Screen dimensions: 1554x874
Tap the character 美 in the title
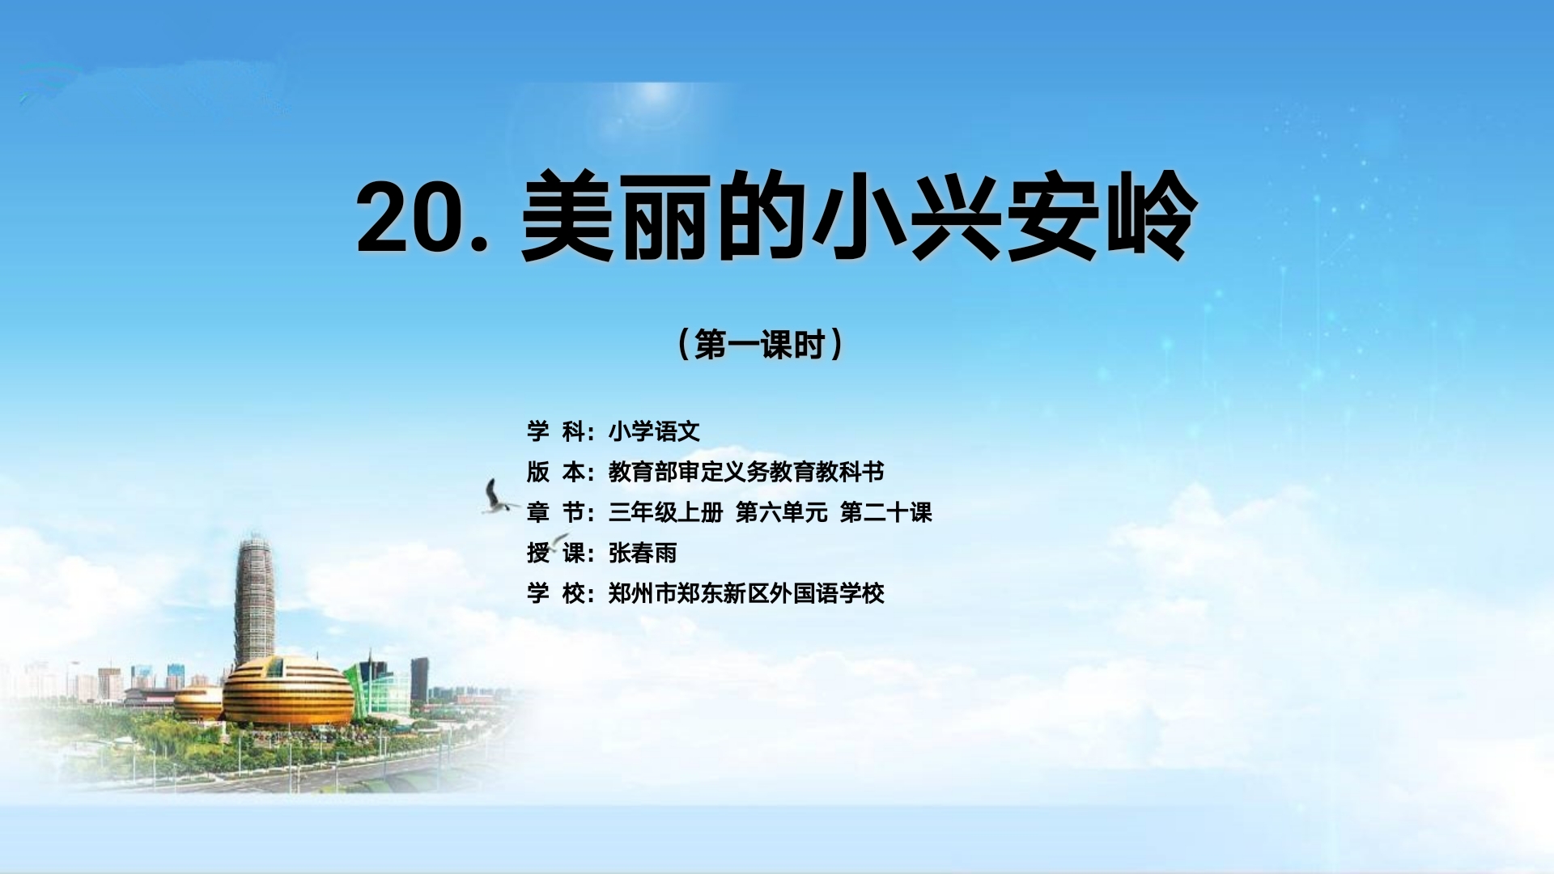[x=568, y=215]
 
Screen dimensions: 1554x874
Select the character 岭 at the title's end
[x=1151, y=215]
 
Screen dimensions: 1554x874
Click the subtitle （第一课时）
[x=760, y=345]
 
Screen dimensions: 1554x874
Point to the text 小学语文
[x=654, y=431]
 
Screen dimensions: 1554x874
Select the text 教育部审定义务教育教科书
[x=746, y=472]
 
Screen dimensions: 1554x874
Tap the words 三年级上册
[x=665, y=512]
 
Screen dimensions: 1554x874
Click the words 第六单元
[x=782, y=512]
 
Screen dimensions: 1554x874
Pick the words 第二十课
[x=886, y=512]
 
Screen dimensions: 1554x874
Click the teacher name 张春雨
[x=643, y=553]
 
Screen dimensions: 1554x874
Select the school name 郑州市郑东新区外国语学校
[x=746, y=593]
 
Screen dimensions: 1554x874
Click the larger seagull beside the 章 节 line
[x=497, y=497]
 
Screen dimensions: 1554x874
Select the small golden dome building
[x=198, y=702]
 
